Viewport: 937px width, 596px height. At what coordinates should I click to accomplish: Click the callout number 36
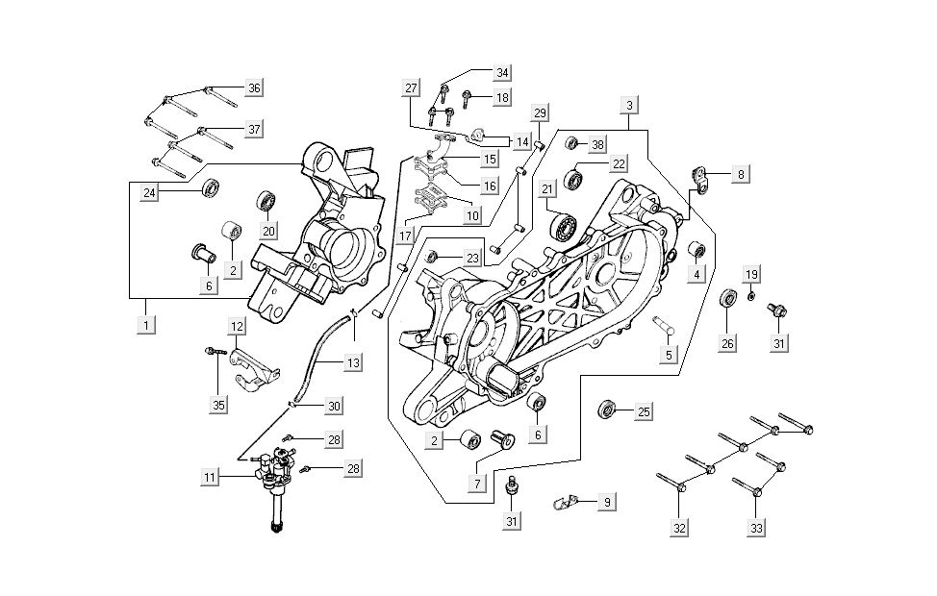coord(253,88)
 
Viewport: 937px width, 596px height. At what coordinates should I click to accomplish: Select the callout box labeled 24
coord(149,193)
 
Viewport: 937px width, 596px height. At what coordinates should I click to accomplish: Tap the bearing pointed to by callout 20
coord(266,203)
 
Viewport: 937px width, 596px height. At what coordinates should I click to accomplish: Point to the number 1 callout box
coord(145,326)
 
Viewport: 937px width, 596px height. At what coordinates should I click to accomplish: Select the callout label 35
coord(218,405)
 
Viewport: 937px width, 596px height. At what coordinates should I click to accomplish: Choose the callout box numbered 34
coord(502,72)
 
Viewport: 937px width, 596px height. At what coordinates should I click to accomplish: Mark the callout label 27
coord(411,88)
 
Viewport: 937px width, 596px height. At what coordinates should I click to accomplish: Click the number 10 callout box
coord(471,216)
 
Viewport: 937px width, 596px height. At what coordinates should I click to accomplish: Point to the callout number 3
coord(628,104)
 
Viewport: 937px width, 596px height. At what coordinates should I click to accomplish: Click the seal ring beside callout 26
coord(728,297)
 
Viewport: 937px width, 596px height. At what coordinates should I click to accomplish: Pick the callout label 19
coord(752,274)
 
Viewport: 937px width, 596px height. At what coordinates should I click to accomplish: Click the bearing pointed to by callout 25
coord(608,410)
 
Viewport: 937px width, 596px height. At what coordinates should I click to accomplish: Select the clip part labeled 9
coord(566,502)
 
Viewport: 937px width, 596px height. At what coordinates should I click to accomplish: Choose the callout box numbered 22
coord(618,163)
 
